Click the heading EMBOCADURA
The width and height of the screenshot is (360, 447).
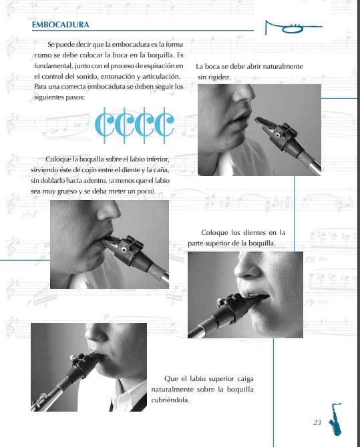click(x=61, y=25)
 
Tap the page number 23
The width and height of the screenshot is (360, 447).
click(x=317, y=422)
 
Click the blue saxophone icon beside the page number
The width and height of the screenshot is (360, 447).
click(x=336, y=420)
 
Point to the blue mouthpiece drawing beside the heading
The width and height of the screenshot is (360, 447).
click(x=293, y=27)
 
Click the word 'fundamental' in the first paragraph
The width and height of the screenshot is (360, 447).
click(x=53, y=66)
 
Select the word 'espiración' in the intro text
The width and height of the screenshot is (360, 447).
click(x=159, y=66)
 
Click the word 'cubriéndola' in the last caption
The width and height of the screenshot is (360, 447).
click(x=170, y=400)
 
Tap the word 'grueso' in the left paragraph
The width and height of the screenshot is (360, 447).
click(x=67, y=191)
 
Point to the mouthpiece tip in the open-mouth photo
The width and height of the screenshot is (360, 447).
click(x=258, y=119)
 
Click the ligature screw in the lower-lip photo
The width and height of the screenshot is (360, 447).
click(x=124, y=250)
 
